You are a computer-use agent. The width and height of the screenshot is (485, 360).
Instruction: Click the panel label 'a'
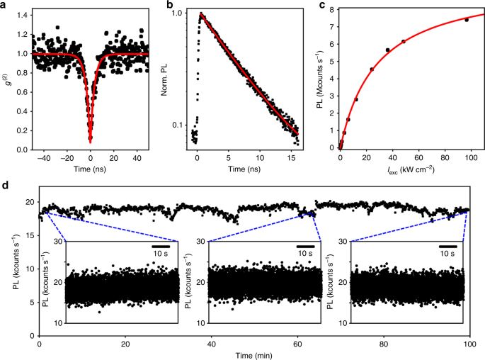(x=5, y=6)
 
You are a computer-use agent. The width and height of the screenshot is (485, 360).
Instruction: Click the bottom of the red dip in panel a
(x=91, y=141)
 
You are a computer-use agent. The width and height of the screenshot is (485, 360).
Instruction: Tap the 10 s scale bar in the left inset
(x=160, y=247)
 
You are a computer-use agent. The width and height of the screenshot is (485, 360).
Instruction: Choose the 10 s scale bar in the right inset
(x=446, y=247)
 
